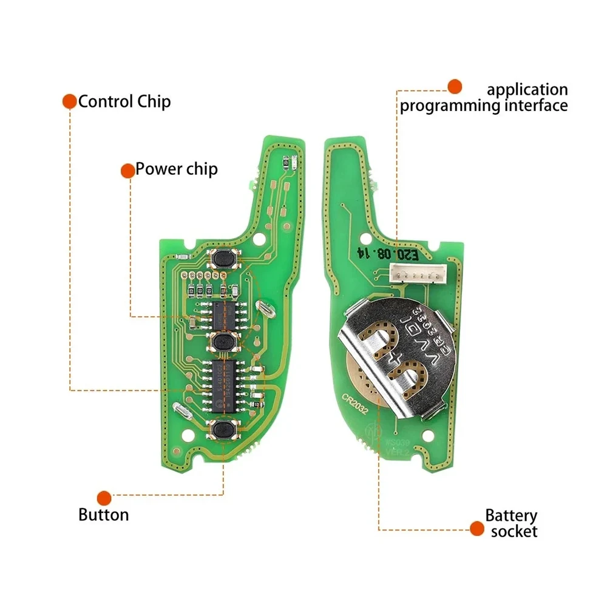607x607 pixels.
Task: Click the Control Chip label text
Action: tap(124, 101)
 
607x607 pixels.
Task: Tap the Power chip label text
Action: tap(176, 169)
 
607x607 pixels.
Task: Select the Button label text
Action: tap(104, 515)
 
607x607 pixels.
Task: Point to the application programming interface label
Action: tap(484, 98)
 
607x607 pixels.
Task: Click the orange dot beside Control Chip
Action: tap(70, 101)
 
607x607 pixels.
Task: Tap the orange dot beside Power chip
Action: tap(127, 171)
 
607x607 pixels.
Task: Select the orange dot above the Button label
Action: tap(104, 498)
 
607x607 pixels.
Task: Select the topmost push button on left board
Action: tap(223, 260)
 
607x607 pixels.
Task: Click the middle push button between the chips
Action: tap(224, 342)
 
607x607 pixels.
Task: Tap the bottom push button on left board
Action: tap(224, 429)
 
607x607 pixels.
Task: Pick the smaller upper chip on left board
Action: tap(224, 314)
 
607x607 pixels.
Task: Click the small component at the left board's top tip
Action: tap(289, 162)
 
